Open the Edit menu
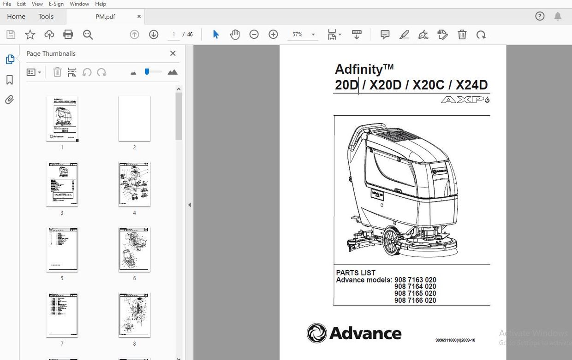tap(21, 4)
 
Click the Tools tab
tap(46, 17)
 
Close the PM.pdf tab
tap(139, 17)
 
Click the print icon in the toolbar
tap(68, 35)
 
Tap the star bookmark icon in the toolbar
tap(30, 35)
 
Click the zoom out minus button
tap(254, 35)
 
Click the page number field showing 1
tap(174, 35)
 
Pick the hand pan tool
tap(235, 35)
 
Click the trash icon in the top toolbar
tap(462, 35)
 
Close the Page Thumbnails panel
tap(173, 53)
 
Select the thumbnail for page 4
tap(134, 184)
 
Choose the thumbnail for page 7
tap(62, 315)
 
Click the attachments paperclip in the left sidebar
tap(10, 100)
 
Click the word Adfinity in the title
tap(358, 69)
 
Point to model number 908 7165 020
tap(415, 293)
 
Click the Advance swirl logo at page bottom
tap(316, 333)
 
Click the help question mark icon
tap(540, 17)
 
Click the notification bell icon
tap(558, 17)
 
